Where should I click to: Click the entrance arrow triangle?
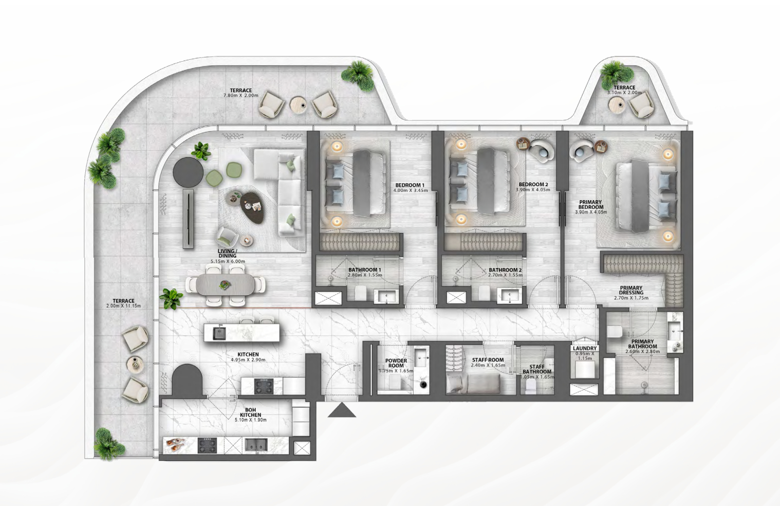pyautogui.click(x=342, y=410)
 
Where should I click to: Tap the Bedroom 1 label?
pyautogui.click(x=410, y=185)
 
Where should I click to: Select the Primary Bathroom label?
pyautogui.click(x=642, y=344)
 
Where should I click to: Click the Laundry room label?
pyautogui.click(x=585, y=348)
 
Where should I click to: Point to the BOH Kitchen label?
pyautogui.click(x=250, y=412)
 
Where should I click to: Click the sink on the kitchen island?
pyautogui.click(x=219, y=333)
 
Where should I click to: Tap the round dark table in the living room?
pyautogui.click(x=188, y=172)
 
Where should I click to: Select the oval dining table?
pyautogui.click(x=225, y=284)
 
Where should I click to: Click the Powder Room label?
pyautogui.click(x=396, y=363)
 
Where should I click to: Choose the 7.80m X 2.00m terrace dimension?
pyautogui.click(x=240, y=96)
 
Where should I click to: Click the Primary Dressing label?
pyautogui.click(x=631, y=291)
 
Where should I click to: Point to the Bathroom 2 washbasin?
pyautogui.click(x=509, y=296)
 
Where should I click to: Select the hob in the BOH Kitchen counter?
pyautogui.click(x=208, y=445)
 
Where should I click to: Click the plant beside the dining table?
pyautogui.click(x=171, y=299)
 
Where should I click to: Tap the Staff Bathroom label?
pyautogui.click(x=537, y=369)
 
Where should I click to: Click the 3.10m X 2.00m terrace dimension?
pyautogui.click(x=624, y=93)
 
